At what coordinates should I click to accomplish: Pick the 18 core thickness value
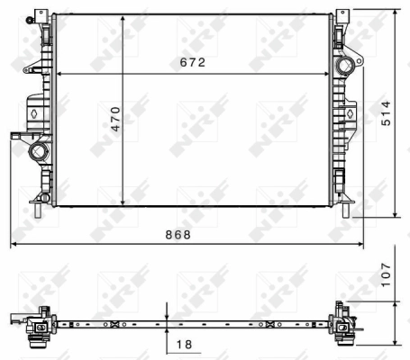183,343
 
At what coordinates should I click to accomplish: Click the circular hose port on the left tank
38,150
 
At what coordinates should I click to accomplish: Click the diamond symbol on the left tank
32,115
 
